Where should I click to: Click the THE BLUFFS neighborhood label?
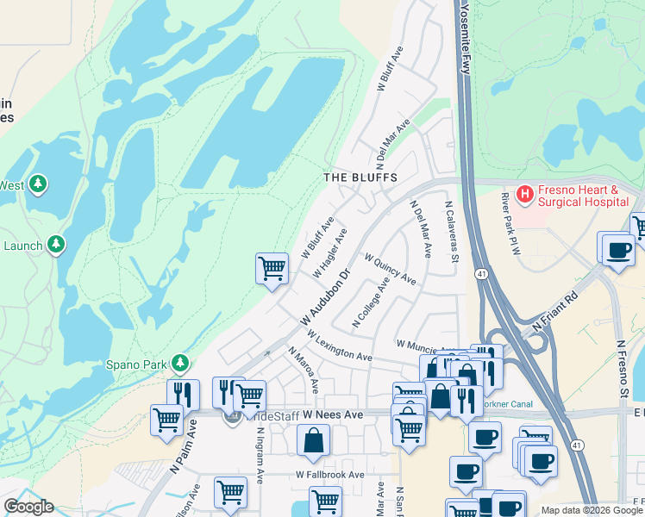[x=360, y=177]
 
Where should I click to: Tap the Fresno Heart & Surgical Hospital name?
[x=582, y=196]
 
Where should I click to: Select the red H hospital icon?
[x=523, y=196]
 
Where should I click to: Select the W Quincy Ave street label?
[x=390, y=269]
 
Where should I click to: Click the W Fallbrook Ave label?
[x=330, y=475]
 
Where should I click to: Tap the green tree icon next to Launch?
[x=57, y=245]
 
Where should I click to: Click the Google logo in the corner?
[x=28, y=507]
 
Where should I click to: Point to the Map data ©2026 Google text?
[x=592, y=510]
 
